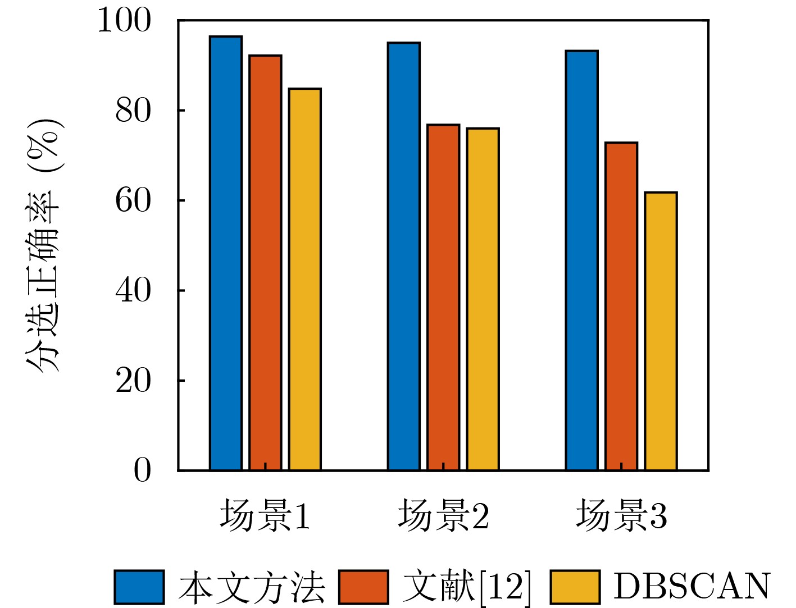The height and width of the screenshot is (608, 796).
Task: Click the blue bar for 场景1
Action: pyautogui.click(x=226, y=253)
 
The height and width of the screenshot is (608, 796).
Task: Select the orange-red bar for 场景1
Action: pyautogui.click(x=265, y=262)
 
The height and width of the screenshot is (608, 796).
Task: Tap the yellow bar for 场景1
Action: pyautogui.click(x=305, y=279)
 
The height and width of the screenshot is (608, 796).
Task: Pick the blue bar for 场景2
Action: pyautogui.click(x=403, y=256)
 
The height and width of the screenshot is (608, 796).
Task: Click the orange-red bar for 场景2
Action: pyautogui.click(x=443, y=297)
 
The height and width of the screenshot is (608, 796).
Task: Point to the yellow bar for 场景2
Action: pyautogui.click(x=483, y=299)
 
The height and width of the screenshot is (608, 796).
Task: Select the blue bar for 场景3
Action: pyautogui.click(x=581, y=260)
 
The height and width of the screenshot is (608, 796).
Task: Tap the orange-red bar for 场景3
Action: pyautogui.click(x=621, y=306)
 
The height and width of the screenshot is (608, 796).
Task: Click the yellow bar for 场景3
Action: pyautogui.click(x=661, y=331)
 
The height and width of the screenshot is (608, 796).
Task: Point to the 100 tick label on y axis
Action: pyautogui.click(x=125, y=21)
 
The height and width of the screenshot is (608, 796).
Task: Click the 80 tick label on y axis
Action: pyautogui.click(x=133, y=111)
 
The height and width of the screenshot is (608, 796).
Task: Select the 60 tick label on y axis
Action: pyautogui.click(x=133, y=201)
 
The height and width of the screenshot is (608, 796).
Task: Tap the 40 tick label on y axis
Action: pyautogui.click(x=133, y=291)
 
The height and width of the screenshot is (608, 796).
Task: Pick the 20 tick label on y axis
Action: pyautogui.click(x=133, y=381)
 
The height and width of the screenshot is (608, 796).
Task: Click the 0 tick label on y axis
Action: pyautogui.click(x=142, y=470)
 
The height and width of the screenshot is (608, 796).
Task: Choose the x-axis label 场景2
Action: pyautogui.click(x=443, y=516)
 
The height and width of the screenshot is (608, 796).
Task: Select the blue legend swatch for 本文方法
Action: pyautogui.click(x=139, y=587)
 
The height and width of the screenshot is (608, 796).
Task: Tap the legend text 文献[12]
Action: pyautogui.click(x=466, y=587)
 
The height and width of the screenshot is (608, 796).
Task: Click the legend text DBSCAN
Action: pyautogui.click(x=692, y=587)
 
